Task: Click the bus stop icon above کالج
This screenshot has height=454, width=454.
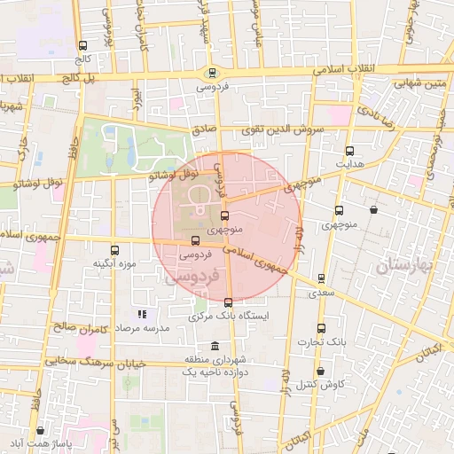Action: click(x=82, y=45)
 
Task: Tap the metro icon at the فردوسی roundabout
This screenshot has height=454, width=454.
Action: click(x=211, y=74)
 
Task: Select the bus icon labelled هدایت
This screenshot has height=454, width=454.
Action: click(x=349, y=151)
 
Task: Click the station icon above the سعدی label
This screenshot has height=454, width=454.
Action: click(x=321, y=278)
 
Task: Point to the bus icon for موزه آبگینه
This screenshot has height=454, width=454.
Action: click(x=113, y=250)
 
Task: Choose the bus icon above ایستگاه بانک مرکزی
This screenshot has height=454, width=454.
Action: click(x=229, y=302)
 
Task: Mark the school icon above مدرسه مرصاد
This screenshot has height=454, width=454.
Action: click(x=140, y=314)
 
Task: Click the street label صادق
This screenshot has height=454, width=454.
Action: click(x=204, y=129)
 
